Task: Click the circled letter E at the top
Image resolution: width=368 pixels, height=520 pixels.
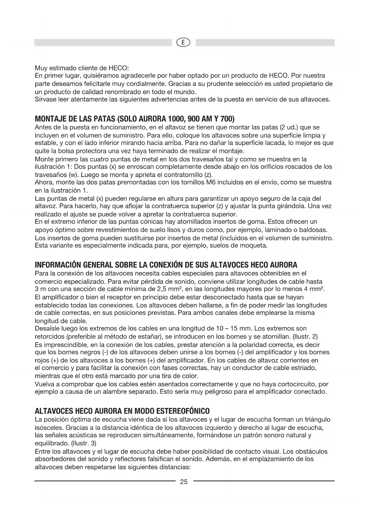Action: tap(184, 43)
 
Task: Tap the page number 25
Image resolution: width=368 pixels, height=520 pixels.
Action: tap(184, 482)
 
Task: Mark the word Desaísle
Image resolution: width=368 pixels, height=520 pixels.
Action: tap(47, 328)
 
